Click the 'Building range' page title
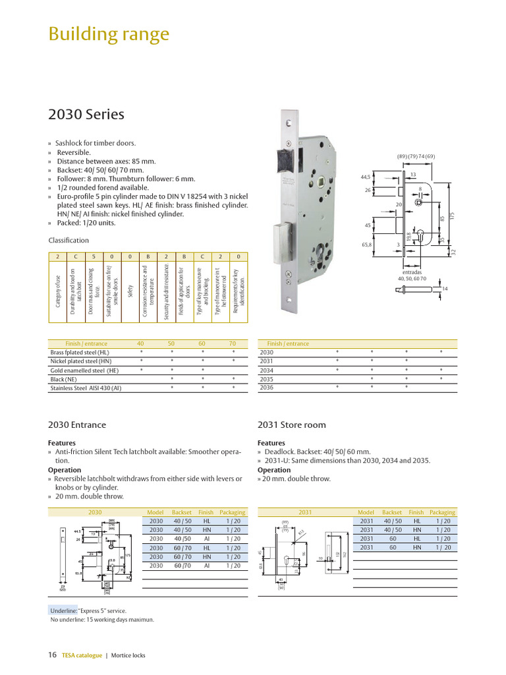pyautogui.click(x=109, y=34)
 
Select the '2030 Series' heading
pyautogui.click(x=86, y=114)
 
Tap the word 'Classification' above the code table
pyautogui.click(x=69, y=240)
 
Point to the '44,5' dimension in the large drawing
pyautogui.click(x=366, y=177)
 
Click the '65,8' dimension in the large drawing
pyautogui.click(x=366, y=245)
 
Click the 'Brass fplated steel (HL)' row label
pyautogui.click(x=80, y=353)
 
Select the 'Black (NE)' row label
pyautogui.click(x=64, y=380)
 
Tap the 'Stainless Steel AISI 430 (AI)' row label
pyautogui.click(x=86, y=388)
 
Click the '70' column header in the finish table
pyautogui.click(x=232, y=343)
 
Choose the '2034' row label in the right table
pyautogui.click(x=266, y=370)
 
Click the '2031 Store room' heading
pyautogui.click(x=292, y=425)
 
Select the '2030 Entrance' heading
pyautogui.click(x=77, y=425)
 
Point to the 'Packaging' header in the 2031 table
pyautogui.click(x=442, y=512)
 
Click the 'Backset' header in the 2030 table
pyautogui.click(x=181, y=512)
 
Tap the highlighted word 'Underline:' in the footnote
pyautogui.click(x=63, y=610)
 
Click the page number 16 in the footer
pyautogui.click(x=53, y=655)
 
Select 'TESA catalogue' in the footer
pyautogui.click(x=82, y=655)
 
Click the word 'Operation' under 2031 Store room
pyautogui.click(x=274, y=470)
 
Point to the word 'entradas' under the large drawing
pyautogui.click(x=412, y=272)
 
